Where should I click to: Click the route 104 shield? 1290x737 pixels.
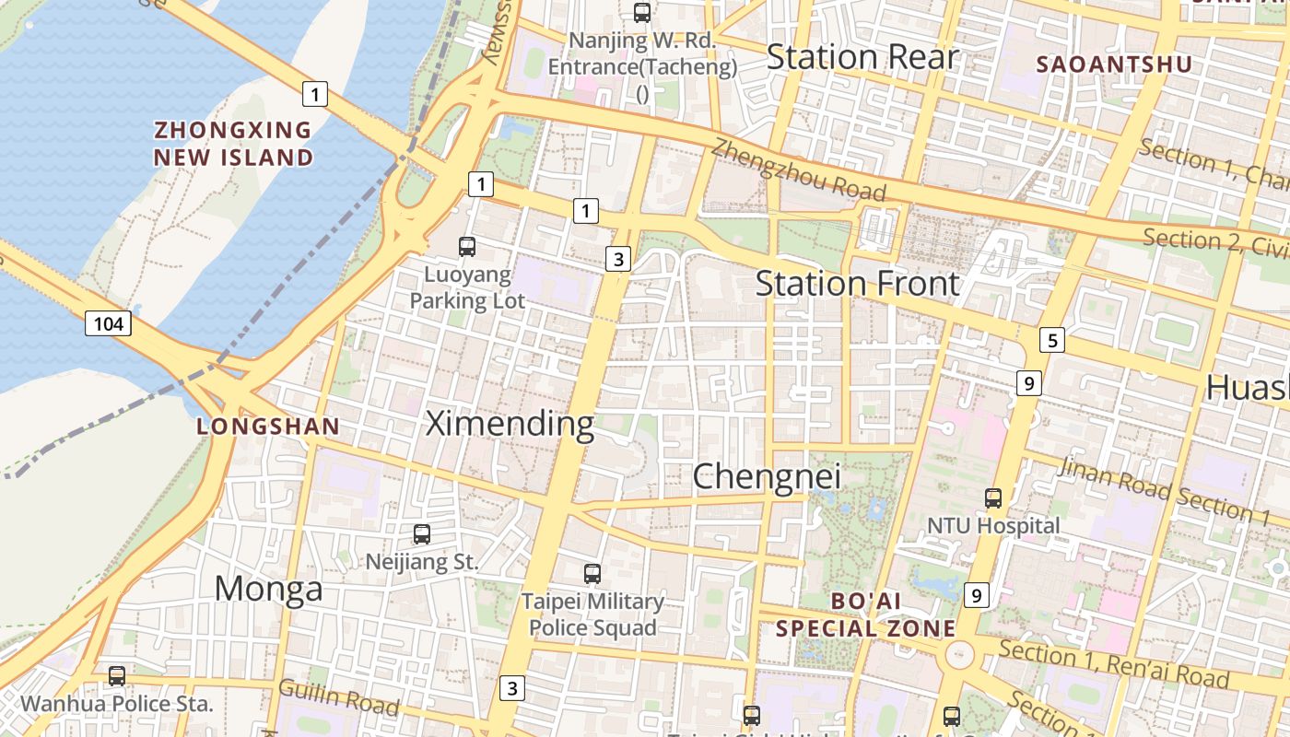pyautogui.click(x=108, y=323)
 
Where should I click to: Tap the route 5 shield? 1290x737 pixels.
pyautogui.click(x=1052, y=341)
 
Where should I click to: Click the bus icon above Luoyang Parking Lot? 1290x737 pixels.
pyautogui.click(x=467, y=247)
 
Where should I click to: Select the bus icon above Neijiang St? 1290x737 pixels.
pyautogui.click(x=421, y=534)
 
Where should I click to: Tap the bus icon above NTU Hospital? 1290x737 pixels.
pyautogui.click(x=992, y=498)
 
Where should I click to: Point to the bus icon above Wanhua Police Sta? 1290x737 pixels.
pyautogui.click(x=117, y=676)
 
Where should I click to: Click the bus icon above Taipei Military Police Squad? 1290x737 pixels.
pyautogui.click(x=592, y=574)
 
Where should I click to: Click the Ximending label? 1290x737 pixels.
pyautogui.click(x=510, y=424)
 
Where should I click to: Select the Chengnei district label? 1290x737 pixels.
pyautogui.click(x=766, y=476)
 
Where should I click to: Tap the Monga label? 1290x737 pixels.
pyautogui.click(x=268, y=588)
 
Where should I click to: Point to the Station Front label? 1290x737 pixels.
pyautogui.click(x=857, y=284)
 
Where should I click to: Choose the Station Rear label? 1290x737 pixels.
pyautogui.click(x=862, y=57)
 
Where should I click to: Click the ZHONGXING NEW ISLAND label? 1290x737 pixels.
pyautogui.click(x=233, y=144)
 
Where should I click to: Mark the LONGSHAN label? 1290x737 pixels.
pyautogui.click(x=268, y=427)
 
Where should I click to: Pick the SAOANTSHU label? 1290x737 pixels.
pyautogui.click(x=1114, y=64)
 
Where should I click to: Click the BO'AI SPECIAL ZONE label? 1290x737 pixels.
pyautogui.click(x=865, y=614)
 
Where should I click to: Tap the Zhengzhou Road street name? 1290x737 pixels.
pyautogui.click(x=798, y=170)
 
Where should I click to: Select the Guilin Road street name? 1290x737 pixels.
pyautogui.click(x=338, y=697)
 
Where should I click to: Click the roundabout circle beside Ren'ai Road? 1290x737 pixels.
pyautogui.click(x=959, y=655)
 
